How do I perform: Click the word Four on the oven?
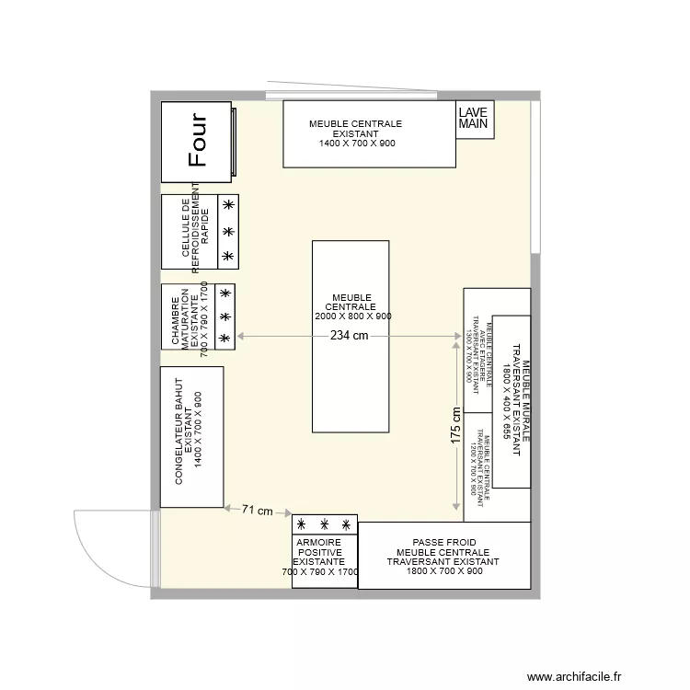click(x=197, y=141)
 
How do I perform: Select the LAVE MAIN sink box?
click(x=475, y=119)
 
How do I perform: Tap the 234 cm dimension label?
click(x=349, y=336)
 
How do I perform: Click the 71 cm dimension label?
click(x=258, y=510)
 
